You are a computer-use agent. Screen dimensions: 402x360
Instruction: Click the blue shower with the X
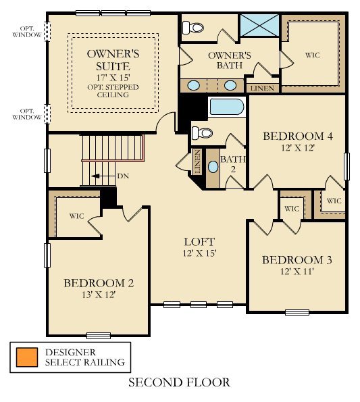(259, 26)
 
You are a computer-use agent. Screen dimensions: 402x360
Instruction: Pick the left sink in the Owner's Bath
(194, 86)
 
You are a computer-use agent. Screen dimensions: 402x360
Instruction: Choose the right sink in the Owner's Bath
(230, 86)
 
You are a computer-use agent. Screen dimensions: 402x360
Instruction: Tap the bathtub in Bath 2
(227, 107)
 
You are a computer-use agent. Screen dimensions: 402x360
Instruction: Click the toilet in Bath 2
(201, 132)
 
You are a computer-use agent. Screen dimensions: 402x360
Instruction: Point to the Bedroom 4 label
(297, 136)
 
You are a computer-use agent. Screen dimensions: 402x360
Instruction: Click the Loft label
(199, 242)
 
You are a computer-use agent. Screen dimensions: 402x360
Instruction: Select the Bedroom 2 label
(99, 283)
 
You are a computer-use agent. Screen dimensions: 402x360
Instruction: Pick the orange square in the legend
(28, 357)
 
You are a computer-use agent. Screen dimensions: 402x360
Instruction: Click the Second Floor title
(179, 382)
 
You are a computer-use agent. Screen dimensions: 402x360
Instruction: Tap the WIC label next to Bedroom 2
(76, 217)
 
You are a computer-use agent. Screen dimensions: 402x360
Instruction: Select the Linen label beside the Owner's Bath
(263, 89)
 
